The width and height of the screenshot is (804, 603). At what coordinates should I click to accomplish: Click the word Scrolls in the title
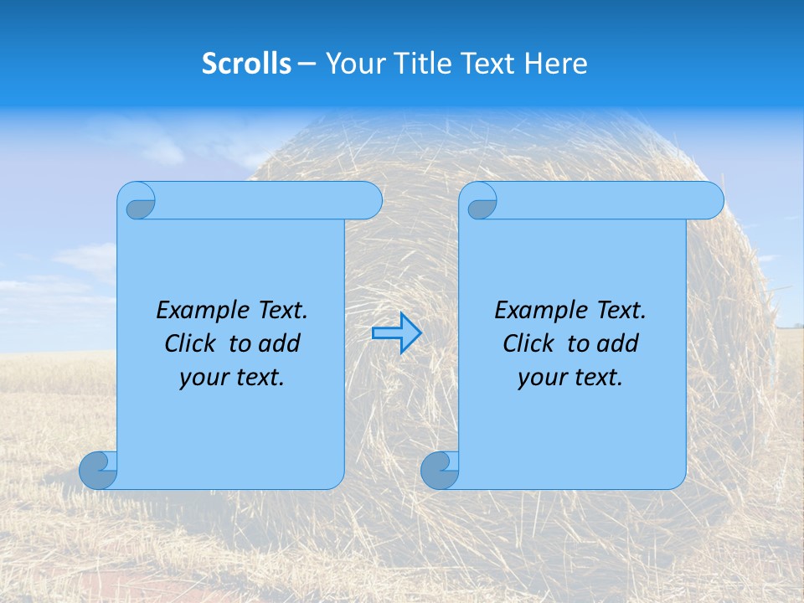[246, 63]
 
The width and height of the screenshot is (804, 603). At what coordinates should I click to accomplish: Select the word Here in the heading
[556, 63]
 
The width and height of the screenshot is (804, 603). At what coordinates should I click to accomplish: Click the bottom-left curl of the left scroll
[98, 470]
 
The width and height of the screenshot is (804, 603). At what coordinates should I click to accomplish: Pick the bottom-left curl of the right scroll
[440, 470]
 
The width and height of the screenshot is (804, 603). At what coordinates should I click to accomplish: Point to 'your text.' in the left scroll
[232, 377]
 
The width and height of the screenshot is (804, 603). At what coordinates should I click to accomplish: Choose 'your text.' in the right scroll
[570, 377]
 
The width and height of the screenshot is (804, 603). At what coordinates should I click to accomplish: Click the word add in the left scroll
[280, 343]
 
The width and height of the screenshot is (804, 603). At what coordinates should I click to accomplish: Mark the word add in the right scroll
[618, 343]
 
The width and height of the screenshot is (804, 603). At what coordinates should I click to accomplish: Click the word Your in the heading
[351, 63]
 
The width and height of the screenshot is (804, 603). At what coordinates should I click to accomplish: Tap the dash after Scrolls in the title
[307, 63]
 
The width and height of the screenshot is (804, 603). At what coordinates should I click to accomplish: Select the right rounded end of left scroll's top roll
[368, 200]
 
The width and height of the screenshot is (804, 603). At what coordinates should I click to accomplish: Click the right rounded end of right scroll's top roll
[710, 200]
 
